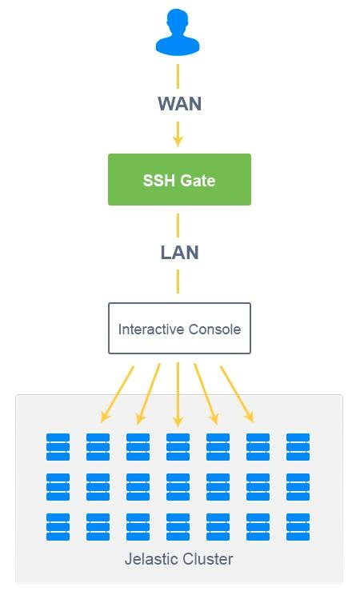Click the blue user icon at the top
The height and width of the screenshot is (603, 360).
(x=178, y=34)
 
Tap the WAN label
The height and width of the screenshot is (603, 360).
(x=178, y=104)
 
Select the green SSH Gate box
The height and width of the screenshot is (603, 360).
(x=179, y=180)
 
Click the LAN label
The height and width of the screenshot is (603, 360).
(x=178, y=253)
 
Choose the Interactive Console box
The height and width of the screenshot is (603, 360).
(x=179, y=328)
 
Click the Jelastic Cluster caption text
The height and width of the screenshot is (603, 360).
(x=178, y=558)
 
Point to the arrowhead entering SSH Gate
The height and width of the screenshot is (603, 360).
(x=178, y=141)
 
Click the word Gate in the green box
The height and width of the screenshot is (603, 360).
(x=198, y=181)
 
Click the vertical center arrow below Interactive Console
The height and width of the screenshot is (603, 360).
(x=178, y=396)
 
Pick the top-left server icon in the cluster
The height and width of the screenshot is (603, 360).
(x=58, y=447)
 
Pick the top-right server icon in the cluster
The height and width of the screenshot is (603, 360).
(x=298, y=447)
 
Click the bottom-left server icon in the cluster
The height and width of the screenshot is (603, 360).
(x=58, y=527)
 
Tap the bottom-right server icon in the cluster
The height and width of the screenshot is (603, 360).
(x=298, y=527)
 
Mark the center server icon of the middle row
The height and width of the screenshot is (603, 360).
(x=178, y=487)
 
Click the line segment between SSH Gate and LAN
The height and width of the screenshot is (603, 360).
(x=178, y=224)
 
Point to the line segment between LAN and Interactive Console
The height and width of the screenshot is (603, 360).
(x=178, y=281)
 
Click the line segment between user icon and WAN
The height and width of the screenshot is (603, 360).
(x=178, y=75)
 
